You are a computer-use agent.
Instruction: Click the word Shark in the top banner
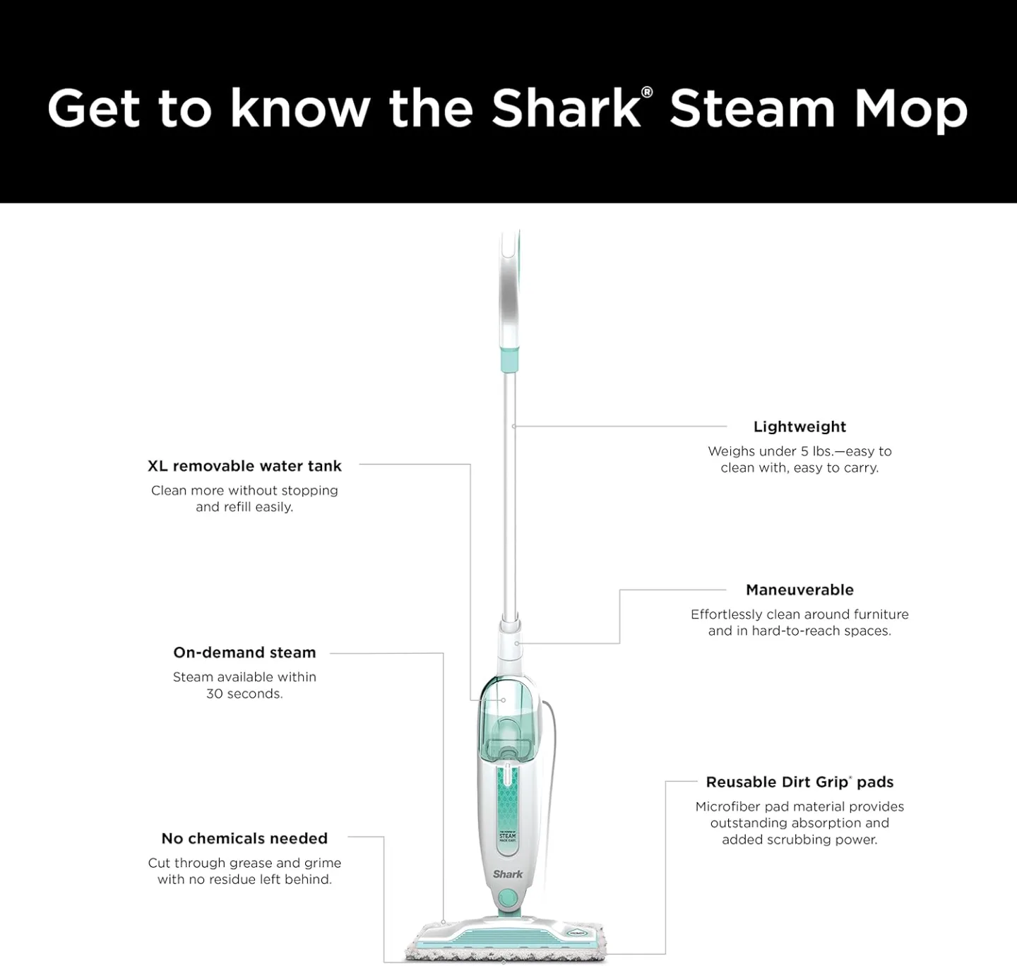[565, 109]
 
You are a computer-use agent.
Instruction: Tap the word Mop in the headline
[910, 110]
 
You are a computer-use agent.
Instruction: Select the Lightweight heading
[799, 427]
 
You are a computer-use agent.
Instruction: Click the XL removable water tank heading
[244, 466]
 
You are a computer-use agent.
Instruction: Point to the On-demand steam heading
[244, 652]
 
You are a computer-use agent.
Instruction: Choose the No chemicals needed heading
[244, 838]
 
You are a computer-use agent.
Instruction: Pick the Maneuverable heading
[799, 590]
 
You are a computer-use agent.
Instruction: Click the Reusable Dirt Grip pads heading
[799, 782]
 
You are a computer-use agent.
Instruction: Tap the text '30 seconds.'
[244, 693]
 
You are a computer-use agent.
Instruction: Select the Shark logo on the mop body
[508, 874]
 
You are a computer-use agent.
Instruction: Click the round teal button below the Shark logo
[507, 898]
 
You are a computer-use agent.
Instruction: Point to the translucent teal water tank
[506, 720]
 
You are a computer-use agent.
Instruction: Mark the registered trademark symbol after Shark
[647, 93]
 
